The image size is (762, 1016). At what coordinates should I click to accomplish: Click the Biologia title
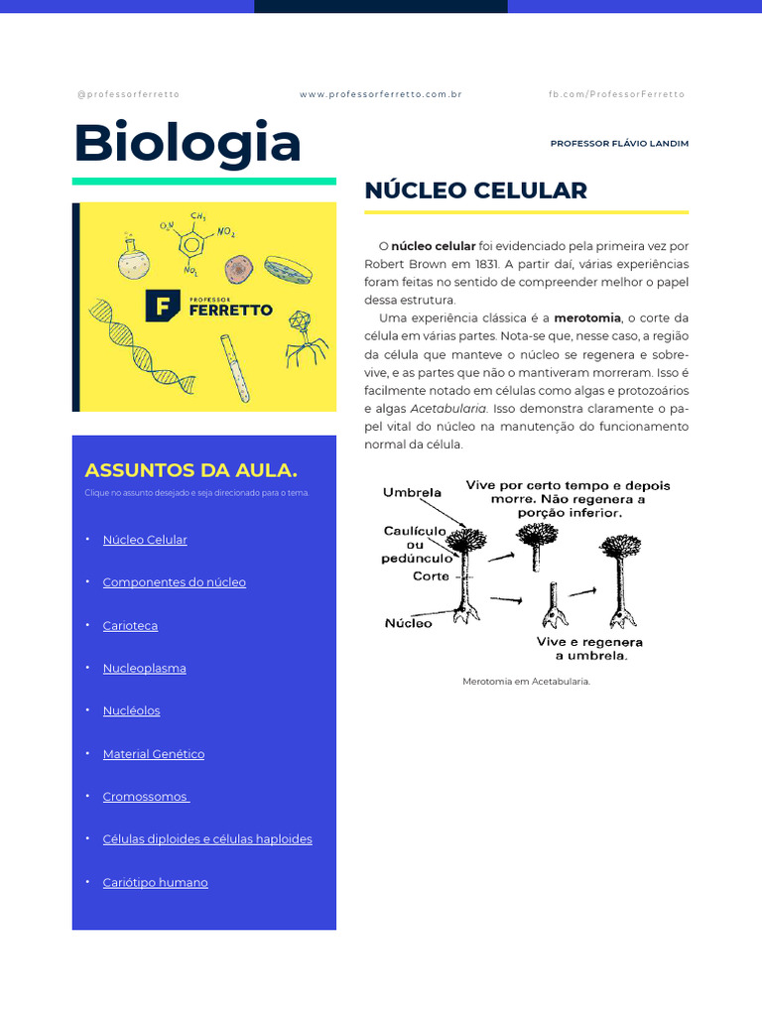coord(187,143)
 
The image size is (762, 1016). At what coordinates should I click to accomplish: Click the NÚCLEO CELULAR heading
coord(475,190)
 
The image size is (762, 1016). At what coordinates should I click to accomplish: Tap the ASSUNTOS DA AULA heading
coord(190,470)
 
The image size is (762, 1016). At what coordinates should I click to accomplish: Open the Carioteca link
coord(130,626)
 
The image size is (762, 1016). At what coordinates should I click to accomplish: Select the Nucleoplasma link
coord(144,669)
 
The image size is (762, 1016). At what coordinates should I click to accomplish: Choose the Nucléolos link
coord(131,711)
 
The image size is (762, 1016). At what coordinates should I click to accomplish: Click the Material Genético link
coord(153,754)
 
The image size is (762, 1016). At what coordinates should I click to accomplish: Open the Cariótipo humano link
coord(155,883)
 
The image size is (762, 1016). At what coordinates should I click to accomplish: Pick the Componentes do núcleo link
coord(174,582)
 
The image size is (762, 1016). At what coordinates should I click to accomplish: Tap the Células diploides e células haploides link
coord(206,839)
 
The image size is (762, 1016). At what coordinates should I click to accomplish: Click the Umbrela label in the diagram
coord(412,492)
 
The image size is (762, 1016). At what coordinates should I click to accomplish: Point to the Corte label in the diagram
coord(431,576)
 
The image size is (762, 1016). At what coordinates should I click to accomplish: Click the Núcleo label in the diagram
coord(408,624)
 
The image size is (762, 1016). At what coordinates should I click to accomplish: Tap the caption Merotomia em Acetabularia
coord(526,682)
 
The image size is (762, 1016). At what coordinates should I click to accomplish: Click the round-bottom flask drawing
coord(134,260)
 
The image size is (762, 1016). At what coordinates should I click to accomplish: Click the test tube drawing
coord(235,367)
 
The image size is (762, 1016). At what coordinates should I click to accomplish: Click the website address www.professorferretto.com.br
coord(380,94)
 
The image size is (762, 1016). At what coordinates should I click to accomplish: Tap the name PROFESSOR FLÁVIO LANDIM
coord(619,144)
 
